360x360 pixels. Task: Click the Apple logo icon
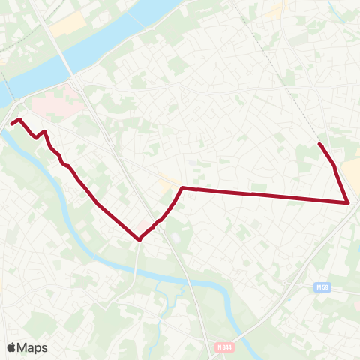click(x=11, y=347)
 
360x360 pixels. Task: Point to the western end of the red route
click(x=12, y=123)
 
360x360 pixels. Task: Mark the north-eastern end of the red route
click(x=320, y=144)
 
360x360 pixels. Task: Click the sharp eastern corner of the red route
click(x=348, y=202)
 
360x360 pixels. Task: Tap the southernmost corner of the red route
click(x=139, y=240)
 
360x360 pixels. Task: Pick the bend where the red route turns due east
click(x=182, y=188)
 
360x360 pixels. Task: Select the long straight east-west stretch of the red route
click(x=262, y=195)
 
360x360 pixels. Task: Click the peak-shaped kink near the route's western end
click(x=45, y=132)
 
